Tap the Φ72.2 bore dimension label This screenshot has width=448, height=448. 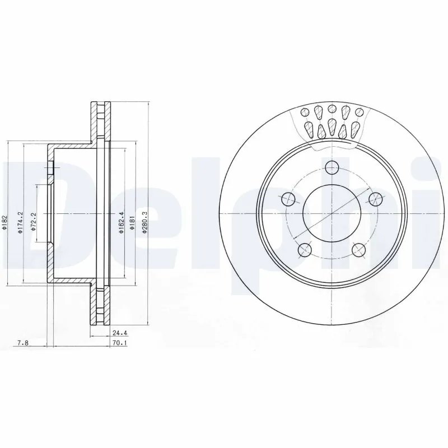click(x=34, y=222)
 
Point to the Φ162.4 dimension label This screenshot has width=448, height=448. click(x=122, y=223)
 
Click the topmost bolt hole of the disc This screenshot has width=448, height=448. click(x=332, y=167)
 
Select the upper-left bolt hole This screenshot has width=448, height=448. click(x=288, y=198)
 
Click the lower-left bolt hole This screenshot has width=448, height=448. click(x=305, y=249)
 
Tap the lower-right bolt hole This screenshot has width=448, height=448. click(x=359, y=249)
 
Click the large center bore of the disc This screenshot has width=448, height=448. click(x=332, y=213)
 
